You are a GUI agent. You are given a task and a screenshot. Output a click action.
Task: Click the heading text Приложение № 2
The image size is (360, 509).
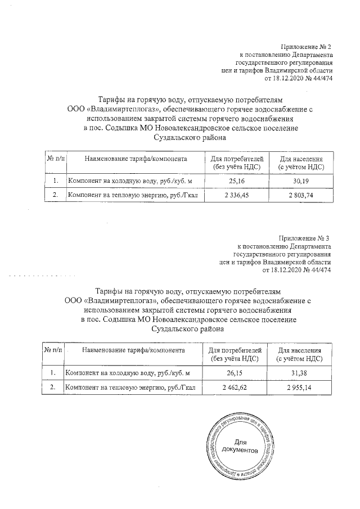(307, 46)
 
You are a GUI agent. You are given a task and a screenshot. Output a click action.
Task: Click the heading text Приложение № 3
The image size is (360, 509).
(304, 238)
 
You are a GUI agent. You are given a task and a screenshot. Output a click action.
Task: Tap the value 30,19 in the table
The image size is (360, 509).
(303, 181)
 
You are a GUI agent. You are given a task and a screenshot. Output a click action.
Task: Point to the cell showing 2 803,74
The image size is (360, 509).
(303, 195)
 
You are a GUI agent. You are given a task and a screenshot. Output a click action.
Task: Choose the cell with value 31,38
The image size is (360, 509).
(301, 373)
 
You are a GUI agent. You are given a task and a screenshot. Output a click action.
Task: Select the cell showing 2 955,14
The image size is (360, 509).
(301, 388)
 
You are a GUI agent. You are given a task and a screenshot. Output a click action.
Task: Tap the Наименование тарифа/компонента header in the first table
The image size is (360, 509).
(136, 159)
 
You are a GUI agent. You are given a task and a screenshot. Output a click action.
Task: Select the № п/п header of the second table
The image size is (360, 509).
(53, 350)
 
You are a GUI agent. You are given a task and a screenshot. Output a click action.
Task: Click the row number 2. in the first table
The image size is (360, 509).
(55, 195)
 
